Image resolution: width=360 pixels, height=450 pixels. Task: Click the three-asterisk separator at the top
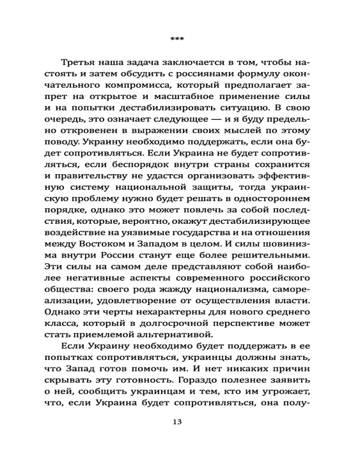pyautogui.click(x=176, y=40)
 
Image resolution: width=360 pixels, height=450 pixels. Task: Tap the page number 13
pyautogui.click(x=177, y=422)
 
